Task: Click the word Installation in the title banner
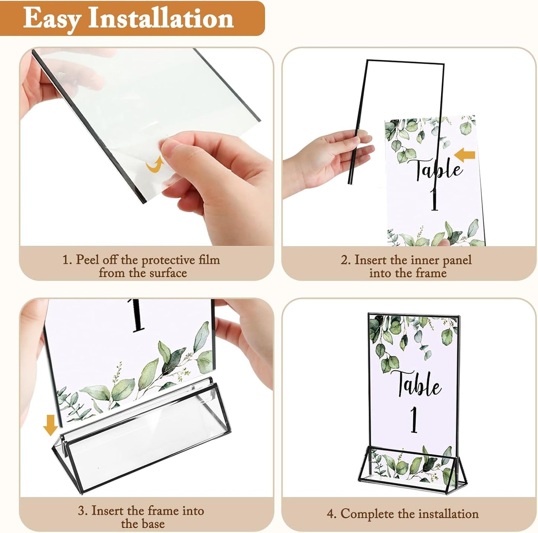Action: click(161, 19)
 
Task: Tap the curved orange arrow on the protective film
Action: click(154, 165)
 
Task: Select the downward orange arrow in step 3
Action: click(50, 425)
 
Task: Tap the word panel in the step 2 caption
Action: click(455, 260)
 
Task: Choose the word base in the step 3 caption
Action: click(153, 524)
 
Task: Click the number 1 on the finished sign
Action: click(414, 419)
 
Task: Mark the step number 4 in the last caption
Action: click(330, 514)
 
